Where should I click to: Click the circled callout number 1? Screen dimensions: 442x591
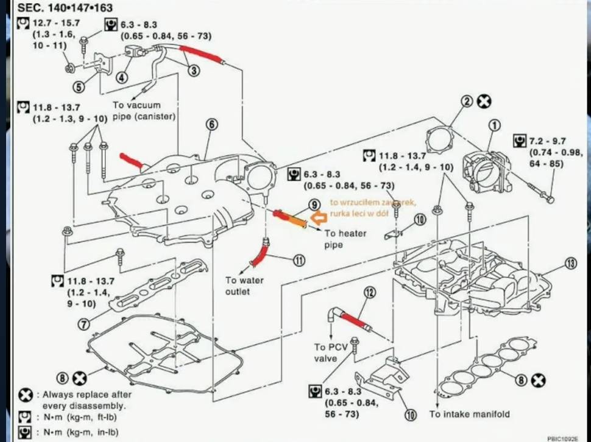[x=494, y=125]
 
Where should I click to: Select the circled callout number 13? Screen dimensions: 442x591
[x=570, y=264]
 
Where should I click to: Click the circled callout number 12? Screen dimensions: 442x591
[x=368, y=293]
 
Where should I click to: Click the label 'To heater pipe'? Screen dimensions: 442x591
[x=345, y=239]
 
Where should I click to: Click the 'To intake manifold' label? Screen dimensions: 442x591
[x=469, y=415]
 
